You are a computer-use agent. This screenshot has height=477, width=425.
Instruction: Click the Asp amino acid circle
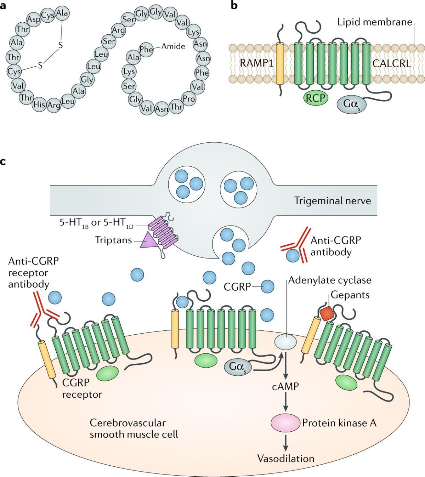click(x=34, y=19)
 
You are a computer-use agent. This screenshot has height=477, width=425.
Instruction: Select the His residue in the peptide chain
click(x=39, y=104)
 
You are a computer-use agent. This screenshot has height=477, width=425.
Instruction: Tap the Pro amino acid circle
click(x=188, y=99)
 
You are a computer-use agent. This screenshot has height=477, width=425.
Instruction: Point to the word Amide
click(x=173, y=46)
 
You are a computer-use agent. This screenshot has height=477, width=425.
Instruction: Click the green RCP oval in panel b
click(x=315, y=98)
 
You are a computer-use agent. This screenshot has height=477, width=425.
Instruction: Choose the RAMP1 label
click(x=257, y=63)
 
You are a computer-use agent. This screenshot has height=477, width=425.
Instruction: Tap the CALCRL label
click(x=391, y=63)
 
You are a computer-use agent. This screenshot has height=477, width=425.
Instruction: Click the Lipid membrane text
click(x=374, y=22)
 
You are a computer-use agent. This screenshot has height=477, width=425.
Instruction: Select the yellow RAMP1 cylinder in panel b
click(x=280, y=64)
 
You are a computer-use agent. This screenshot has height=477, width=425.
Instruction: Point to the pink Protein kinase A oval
click(x=285, y=423)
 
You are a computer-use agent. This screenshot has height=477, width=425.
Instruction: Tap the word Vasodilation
click(x=285, y=458)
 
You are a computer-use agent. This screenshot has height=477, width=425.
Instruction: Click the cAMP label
click(x=285, y=386)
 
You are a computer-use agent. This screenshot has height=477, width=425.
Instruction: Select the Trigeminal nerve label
click(x=333, y=201)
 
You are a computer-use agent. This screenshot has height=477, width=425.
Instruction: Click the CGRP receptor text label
click(x=82, y=388)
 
